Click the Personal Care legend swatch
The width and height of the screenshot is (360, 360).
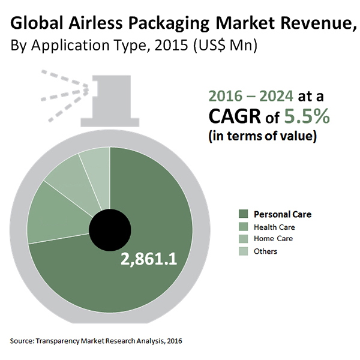click(x=244, y=214)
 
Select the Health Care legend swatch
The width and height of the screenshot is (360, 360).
click(x=244, y=227)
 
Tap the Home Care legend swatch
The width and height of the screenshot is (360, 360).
click(x=244, y=239)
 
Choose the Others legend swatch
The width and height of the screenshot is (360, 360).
click(x=244, y=251)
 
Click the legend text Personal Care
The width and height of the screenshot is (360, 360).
click(x=283, y=214)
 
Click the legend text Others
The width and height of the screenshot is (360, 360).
click(x=266, y=251)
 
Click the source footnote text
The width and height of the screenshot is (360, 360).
click(x=96, y=341)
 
